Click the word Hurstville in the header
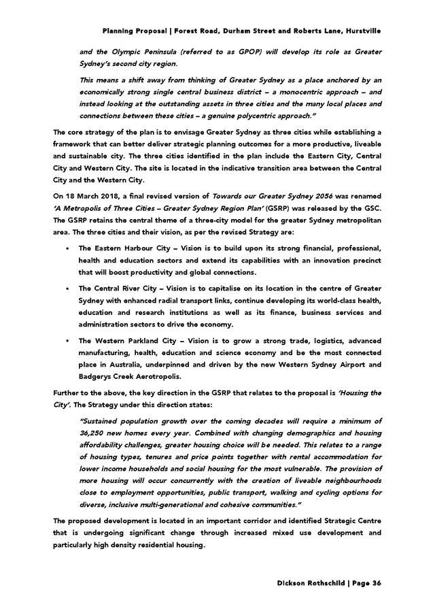click(363, 31)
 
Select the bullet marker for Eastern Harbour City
click(67, 248)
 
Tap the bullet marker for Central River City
click(67, 288)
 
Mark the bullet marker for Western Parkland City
click(67, 340)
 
